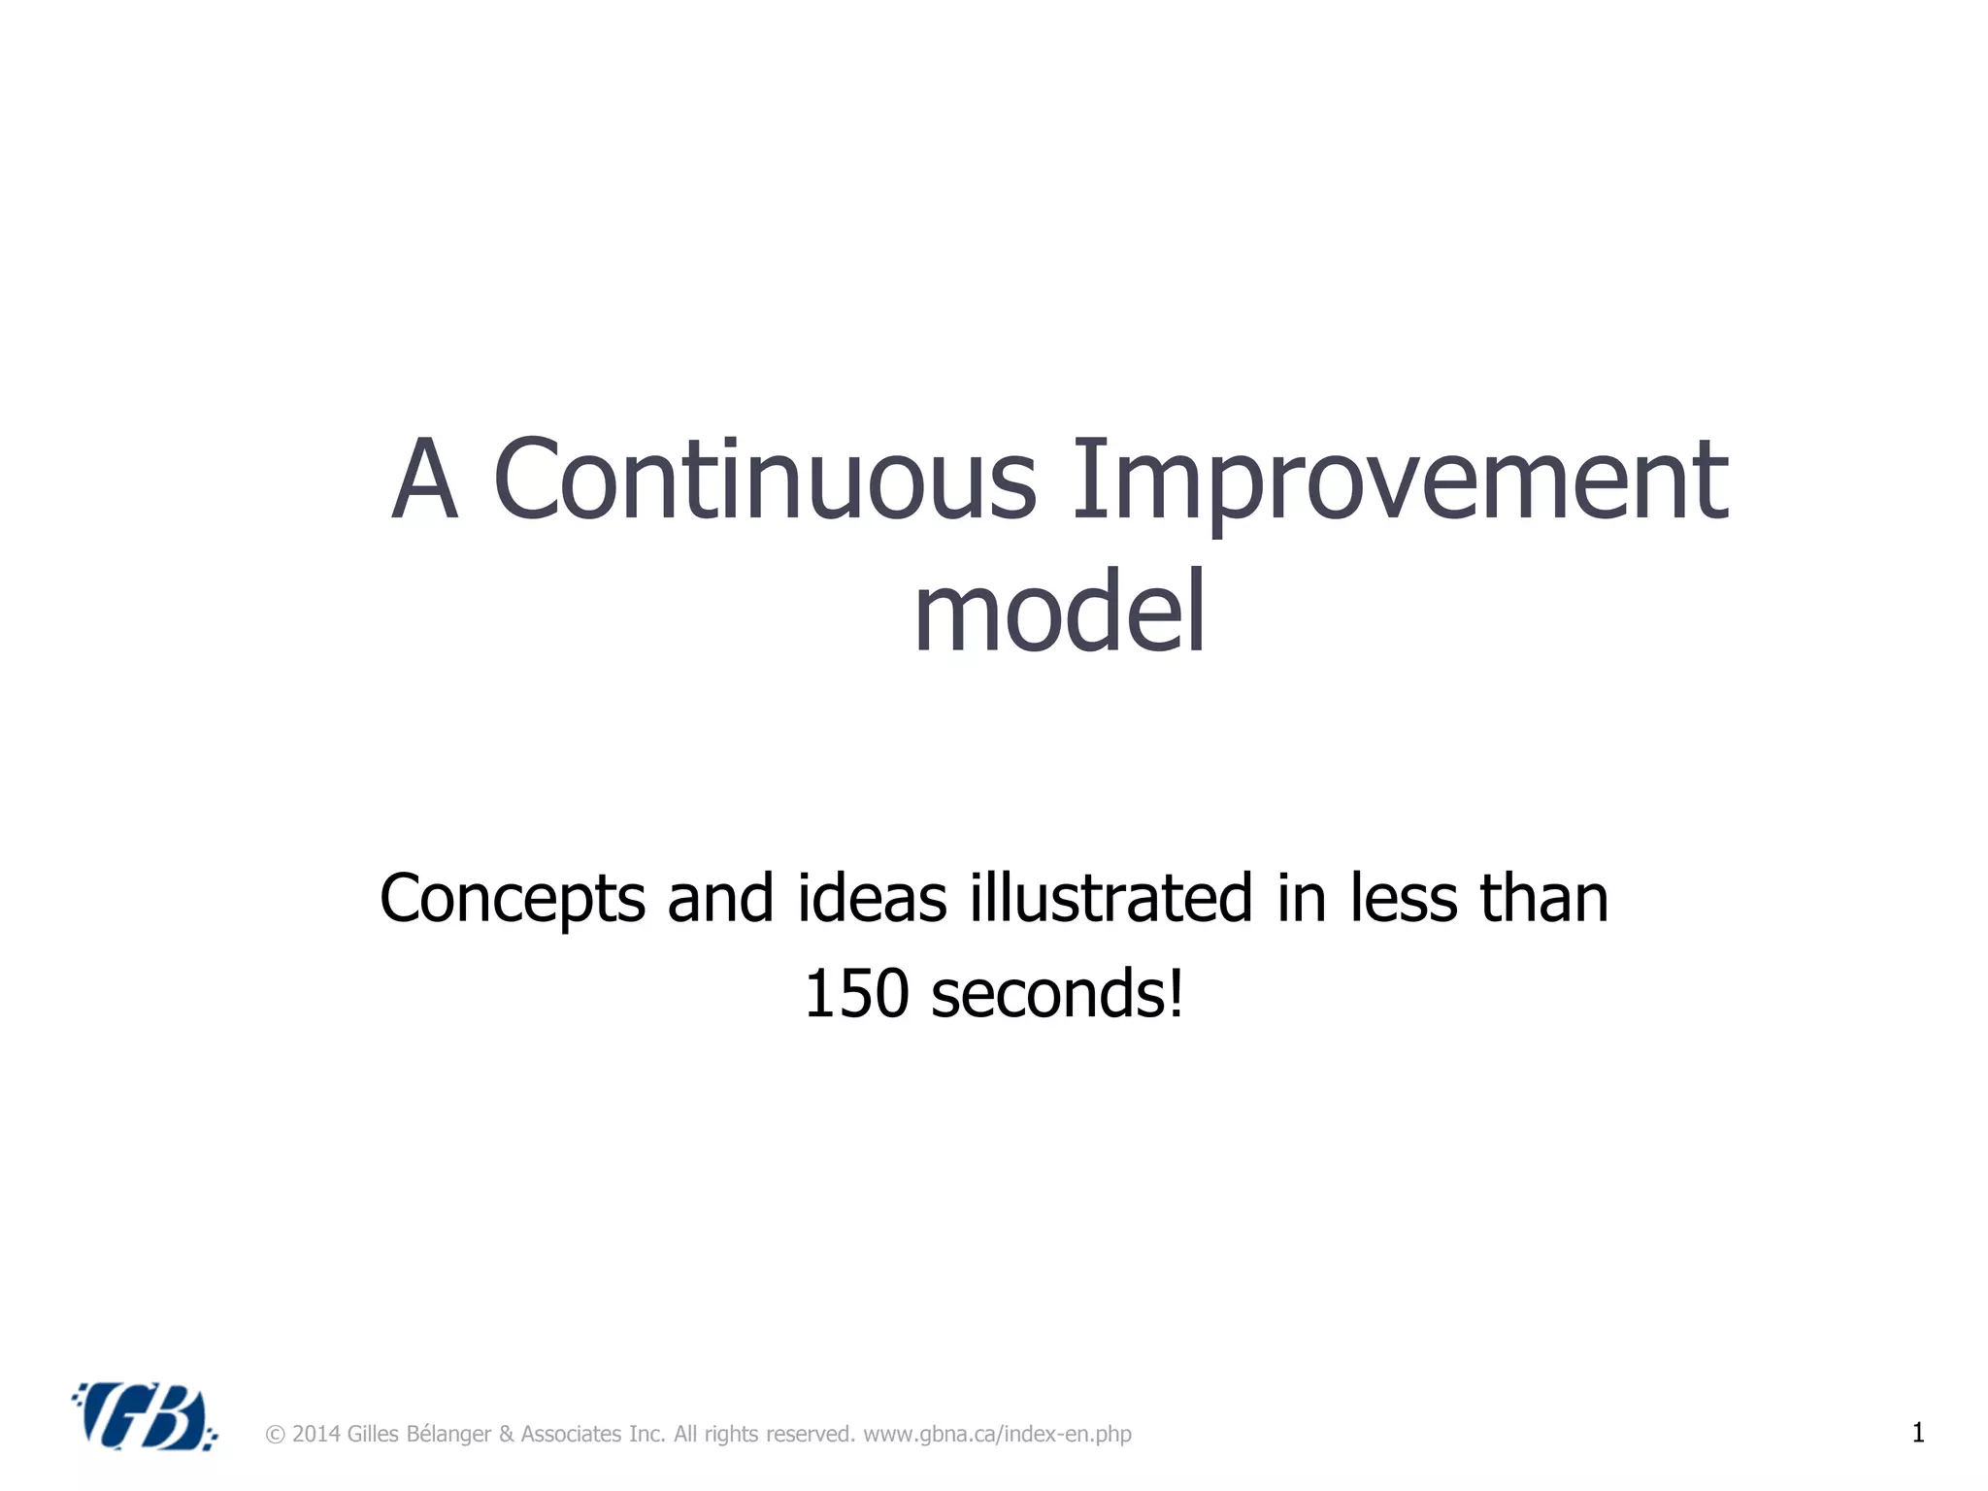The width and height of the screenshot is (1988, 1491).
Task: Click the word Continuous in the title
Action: tap(765, 480)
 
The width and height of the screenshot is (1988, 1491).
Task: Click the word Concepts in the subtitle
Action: tap(512, 899)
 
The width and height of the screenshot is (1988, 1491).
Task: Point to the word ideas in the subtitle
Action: tap(871, 898)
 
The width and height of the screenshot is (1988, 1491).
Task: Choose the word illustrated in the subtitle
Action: tap(1110, 898)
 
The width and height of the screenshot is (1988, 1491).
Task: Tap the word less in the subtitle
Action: tap(1404, 898)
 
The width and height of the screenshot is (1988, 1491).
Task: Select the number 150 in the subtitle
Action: tap(856, 994)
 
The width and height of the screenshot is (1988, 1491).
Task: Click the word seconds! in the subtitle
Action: tap(1057, 994)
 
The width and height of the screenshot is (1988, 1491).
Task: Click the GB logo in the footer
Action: tap(145, 1416)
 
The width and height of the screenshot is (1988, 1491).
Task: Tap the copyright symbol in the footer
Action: tap(275, 1435)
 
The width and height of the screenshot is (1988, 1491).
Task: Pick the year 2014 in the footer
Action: tap(315, 1435)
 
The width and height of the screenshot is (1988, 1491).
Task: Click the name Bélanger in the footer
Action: tap(448, 1435)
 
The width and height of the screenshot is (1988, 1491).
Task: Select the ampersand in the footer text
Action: tap(506, 1435)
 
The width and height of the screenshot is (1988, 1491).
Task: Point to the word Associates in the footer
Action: tap(571, 1435)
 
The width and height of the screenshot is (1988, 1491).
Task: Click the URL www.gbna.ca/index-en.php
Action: tap(997, 1435)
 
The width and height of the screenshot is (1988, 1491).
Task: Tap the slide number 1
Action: tap(1917, 1433)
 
